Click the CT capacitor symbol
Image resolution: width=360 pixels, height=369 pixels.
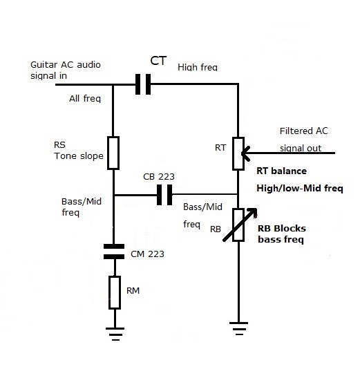point(143,84)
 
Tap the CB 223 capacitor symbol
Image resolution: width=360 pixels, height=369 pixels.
point(164,196)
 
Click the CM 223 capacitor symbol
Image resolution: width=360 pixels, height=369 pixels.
point(114,250)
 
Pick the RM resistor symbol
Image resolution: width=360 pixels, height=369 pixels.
point(114,292)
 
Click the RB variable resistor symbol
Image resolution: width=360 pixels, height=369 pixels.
point(238,225)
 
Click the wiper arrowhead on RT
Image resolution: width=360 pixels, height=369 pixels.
point(247,153)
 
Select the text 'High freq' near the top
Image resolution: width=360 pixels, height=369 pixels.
point(198,67)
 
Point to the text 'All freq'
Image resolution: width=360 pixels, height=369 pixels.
point(85,98)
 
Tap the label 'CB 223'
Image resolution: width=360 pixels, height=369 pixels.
point(159,176)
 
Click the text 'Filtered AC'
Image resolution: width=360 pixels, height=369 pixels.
point(303,131)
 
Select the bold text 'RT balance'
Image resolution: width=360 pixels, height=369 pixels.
point(281,171)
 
